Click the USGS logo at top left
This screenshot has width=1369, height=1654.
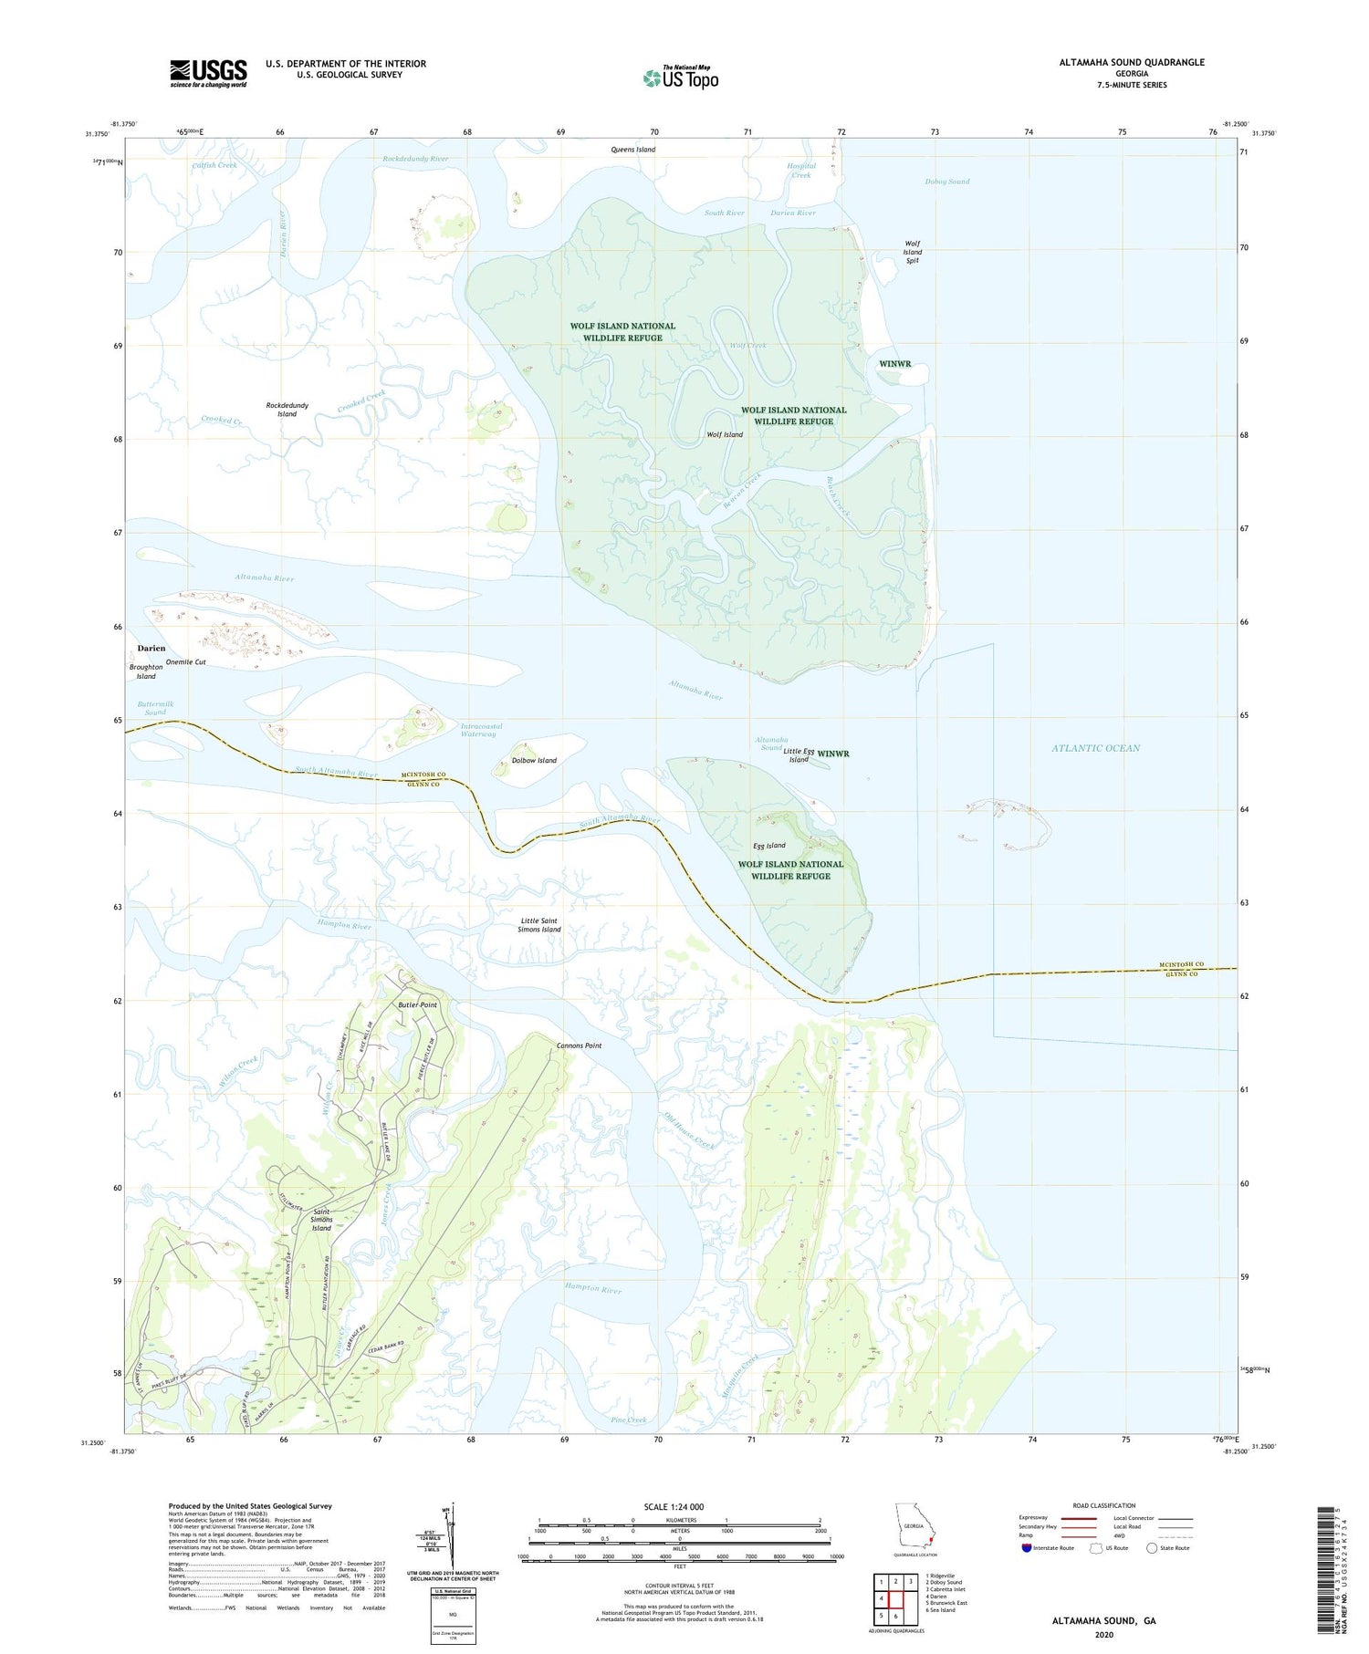click(208, 73)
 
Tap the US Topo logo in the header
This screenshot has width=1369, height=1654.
click(681, 78)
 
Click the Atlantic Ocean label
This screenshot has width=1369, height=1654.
click(1095, 748)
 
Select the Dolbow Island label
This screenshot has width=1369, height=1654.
click(534, 760)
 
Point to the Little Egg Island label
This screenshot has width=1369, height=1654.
click(799, 755)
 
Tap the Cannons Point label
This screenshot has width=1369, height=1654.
click(580, 1045)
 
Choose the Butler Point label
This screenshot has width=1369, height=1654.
click(418, 1004)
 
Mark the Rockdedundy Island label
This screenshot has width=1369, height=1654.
click(287, 409)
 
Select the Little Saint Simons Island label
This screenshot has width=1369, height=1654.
click(539, 925)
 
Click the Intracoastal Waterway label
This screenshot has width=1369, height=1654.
click(480, 730)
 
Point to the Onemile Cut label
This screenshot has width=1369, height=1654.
click(186, 662)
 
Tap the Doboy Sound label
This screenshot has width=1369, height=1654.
click(947, 182)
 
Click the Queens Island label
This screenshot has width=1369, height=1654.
click(633, 150)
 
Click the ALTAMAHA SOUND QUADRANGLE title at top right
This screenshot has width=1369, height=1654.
click(1118, 62)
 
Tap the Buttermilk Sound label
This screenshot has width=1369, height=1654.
click(155, 708)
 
